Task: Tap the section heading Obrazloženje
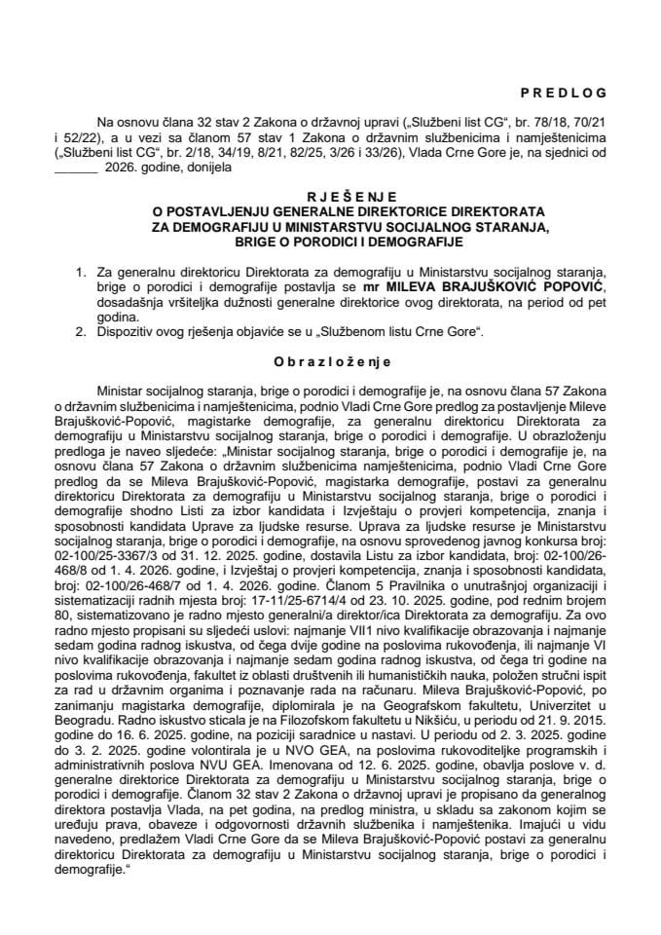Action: [330, 360]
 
